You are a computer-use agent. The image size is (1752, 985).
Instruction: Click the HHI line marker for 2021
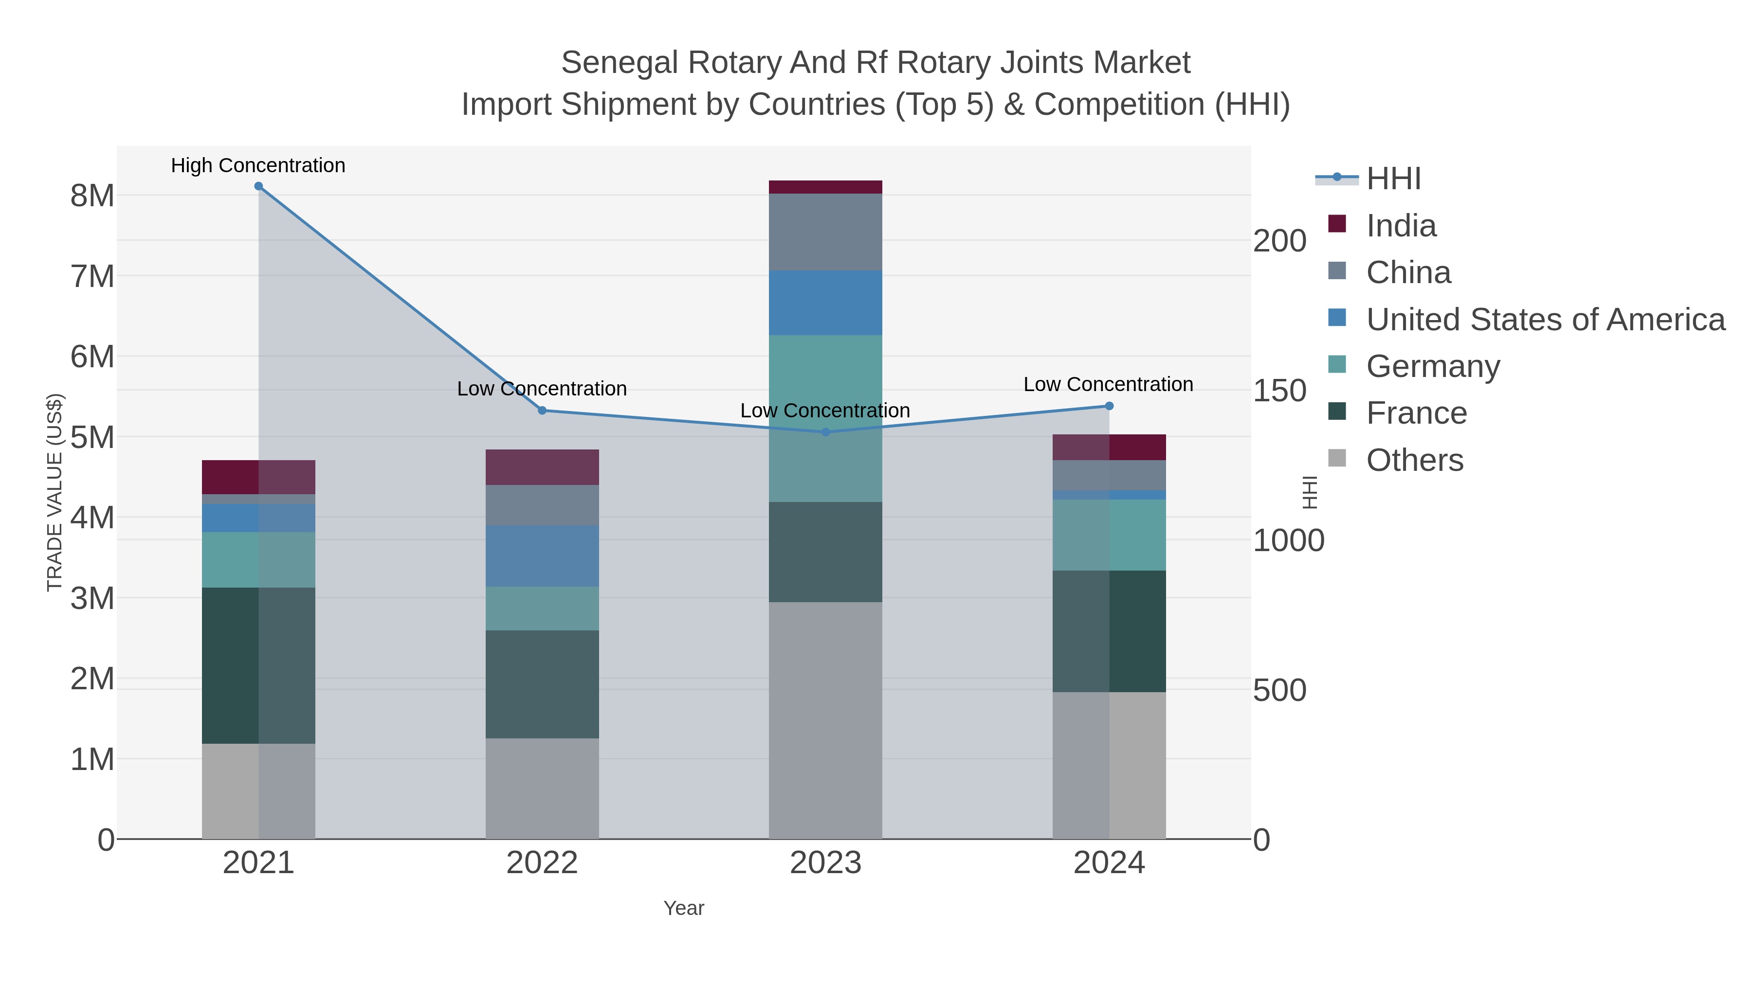(x=258, y=186)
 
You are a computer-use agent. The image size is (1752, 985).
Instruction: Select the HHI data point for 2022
(x=542, y=411)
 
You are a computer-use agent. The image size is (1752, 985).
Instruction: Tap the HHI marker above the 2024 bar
(x=1109, y=406)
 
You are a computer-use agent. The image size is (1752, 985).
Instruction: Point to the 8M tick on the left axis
(x=92, y=196)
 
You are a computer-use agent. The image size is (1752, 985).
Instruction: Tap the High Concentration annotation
(x=258, y=165)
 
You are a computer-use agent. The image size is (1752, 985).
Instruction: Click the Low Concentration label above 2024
(x=1108, y=384)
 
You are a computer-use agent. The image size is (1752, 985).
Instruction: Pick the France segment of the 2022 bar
(x=542, y=684)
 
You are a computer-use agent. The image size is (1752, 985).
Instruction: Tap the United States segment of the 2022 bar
(x=542, y=555)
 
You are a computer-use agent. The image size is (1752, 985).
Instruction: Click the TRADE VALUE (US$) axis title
(x=55, y=492)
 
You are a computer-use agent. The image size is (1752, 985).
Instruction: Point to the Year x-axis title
(x=684, y=908)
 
